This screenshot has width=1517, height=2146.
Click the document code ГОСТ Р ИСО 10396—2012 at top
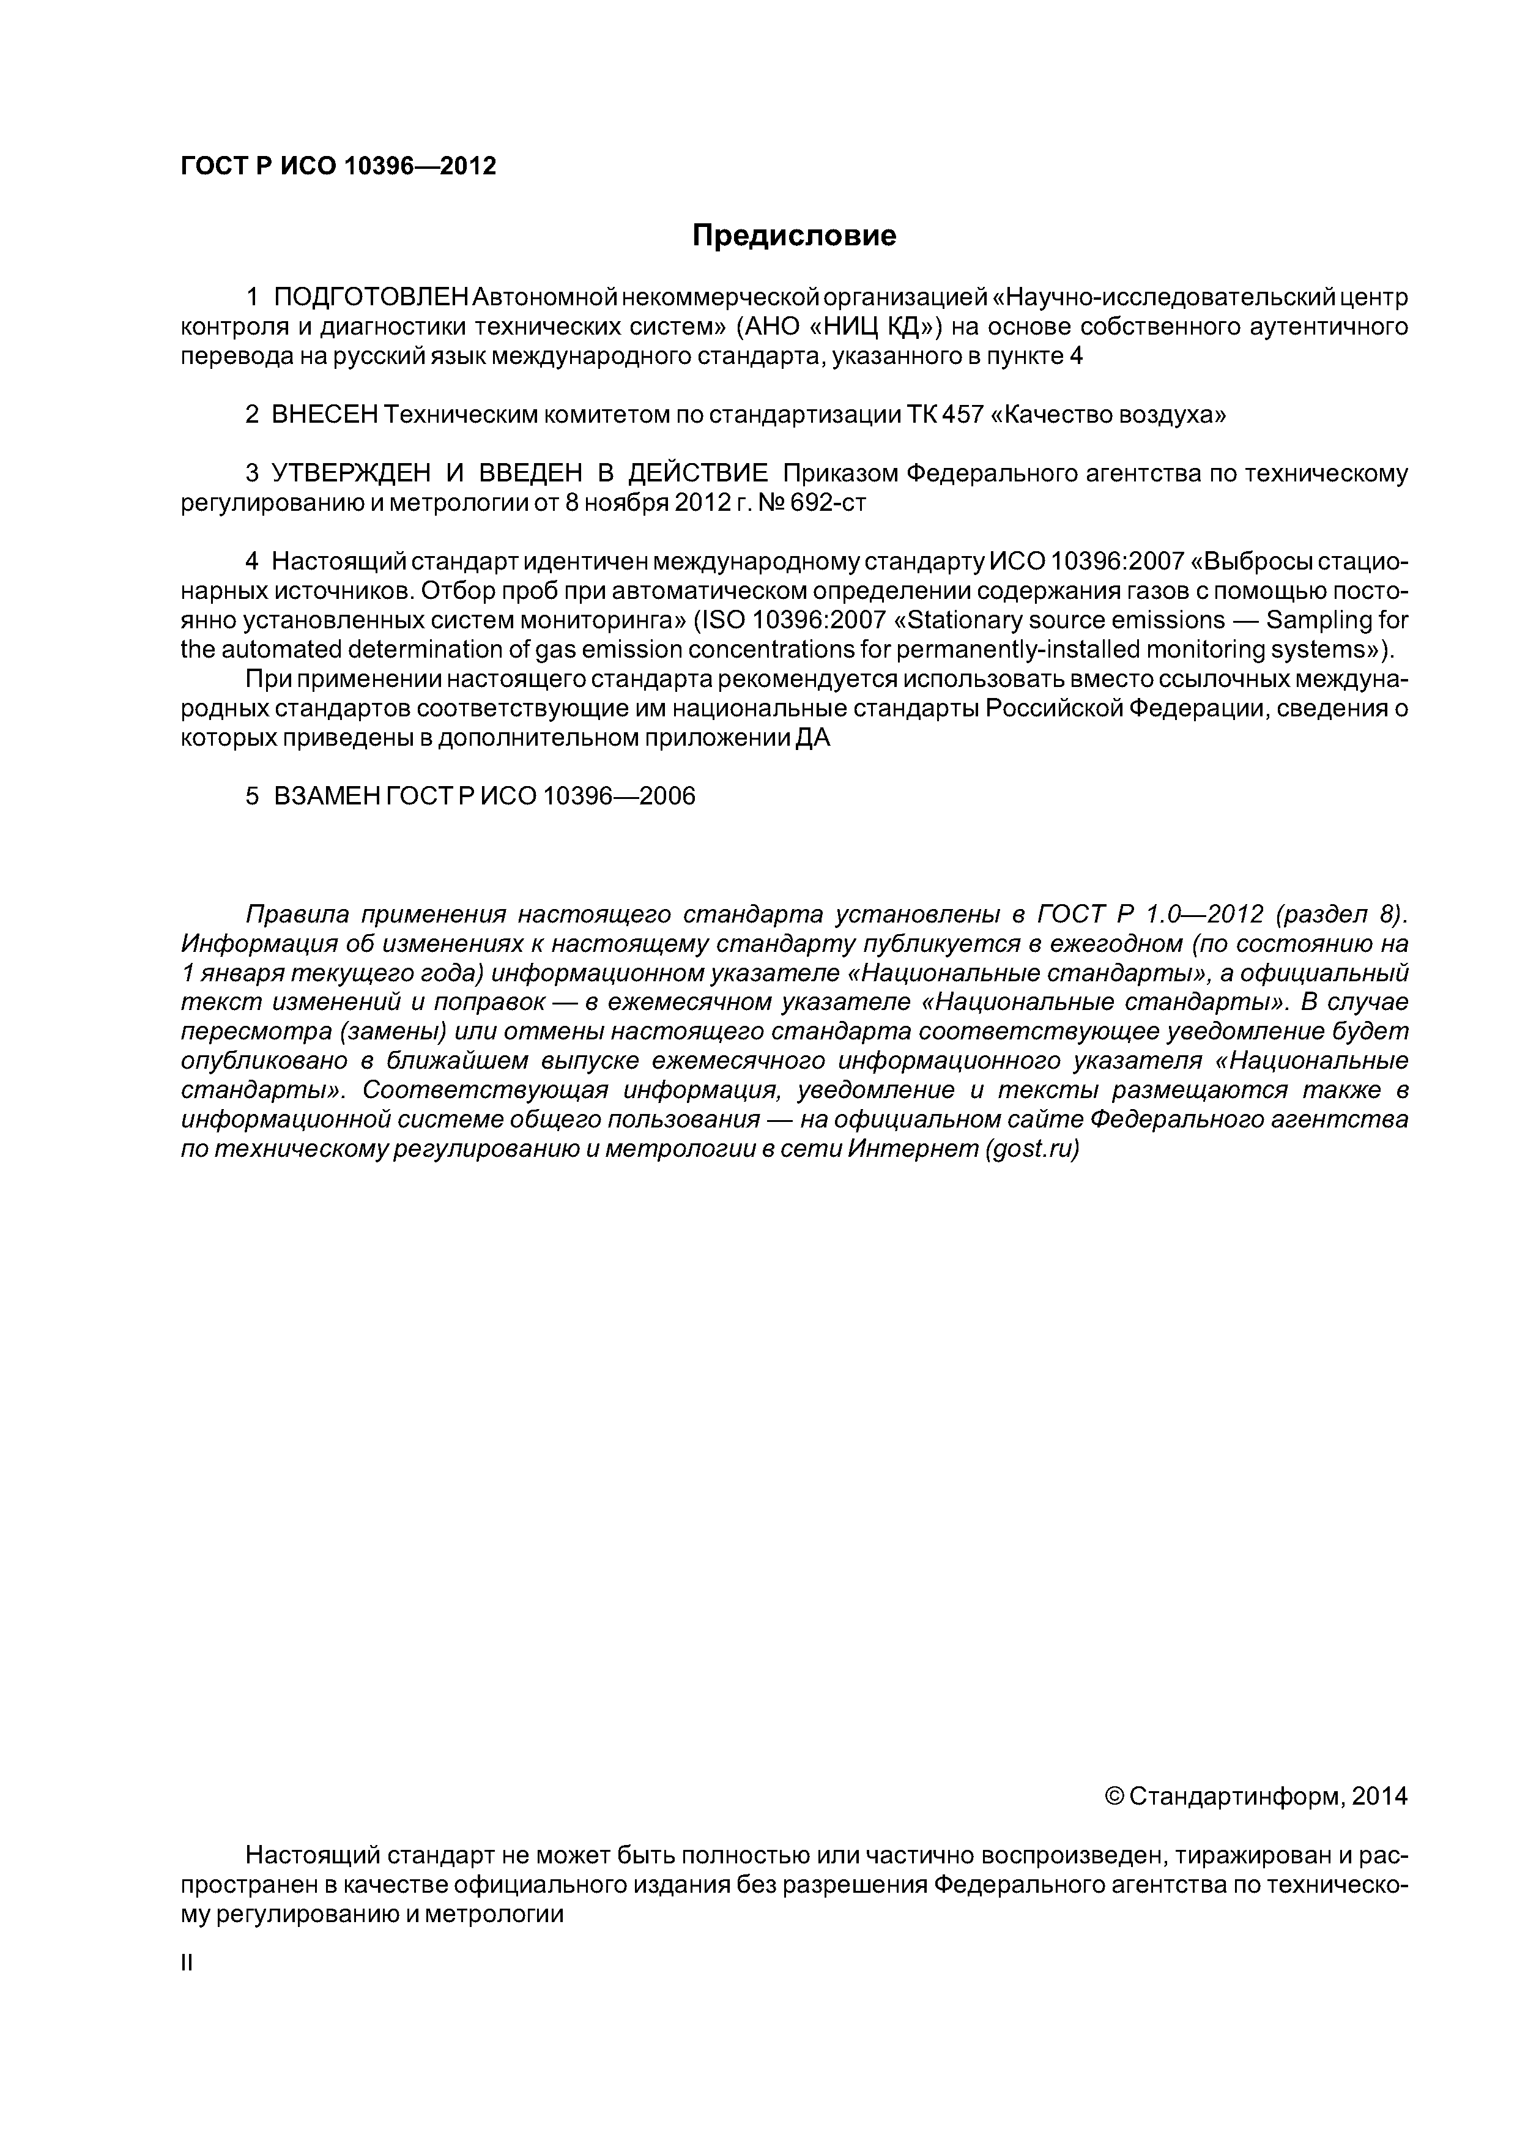338,166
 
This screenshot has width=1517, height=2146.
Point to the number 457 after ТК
963,415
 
